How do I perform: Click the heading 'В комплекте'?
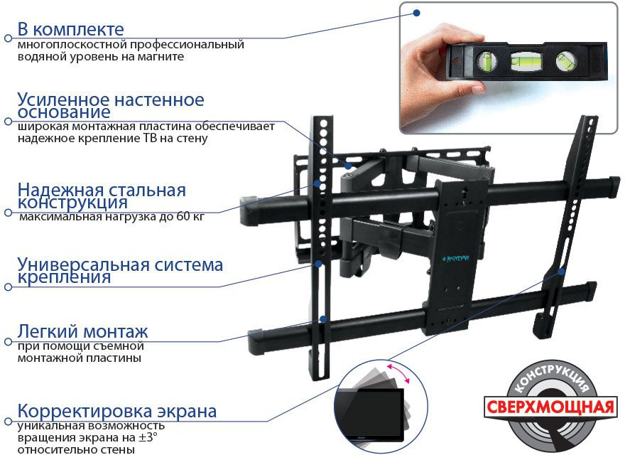click(70, 30)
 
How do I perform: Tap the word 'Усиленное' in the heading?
click(63, 100)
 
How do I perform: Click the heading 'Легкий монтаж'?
click(82, 332)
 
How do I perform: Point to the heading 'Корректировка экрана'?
click(116, 411)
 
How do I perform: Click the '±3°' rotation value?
click(148, 437)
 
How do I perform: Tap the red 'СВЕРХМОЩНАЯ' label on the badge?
click(550, 407)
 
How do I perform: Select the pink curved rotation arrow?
click(398, 373)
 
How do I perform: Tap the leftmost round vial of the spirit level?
click(487, 60)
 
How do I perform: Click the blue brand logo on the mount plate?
click(455, 258)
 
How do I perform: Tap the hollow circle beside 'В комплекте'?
click(8, 38)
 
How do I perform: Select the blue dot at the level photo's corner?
click(416, 13)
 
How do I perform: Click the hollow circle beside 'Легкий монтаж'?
click(8, 342)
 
